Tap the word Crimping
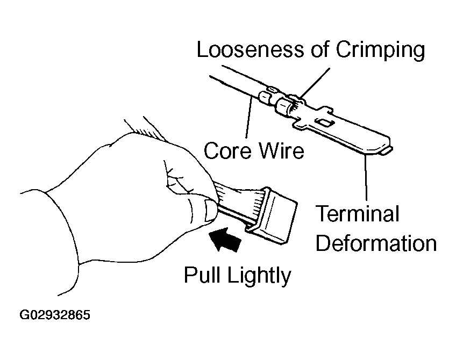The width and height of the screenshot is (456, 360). coord(381,51)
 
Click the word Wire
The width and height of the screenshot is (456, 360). coord(280,151)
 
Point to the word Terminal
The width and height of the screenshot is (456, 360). coord(357,214)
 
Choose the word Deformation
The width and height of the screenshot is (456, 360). coord(376,243)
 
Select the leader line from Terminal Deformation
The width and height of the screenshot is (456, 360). coord(367,178)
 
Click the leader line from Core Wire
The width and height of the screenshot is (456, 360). coord(249,118)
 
